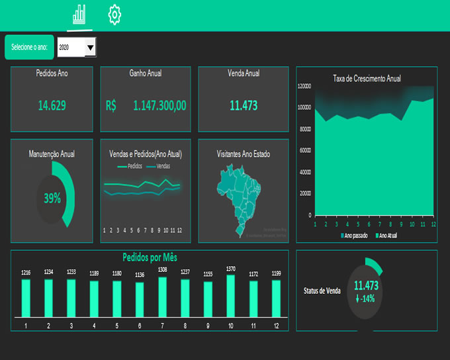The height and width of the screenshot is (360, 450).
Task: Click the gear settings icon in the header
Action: [x=114, y=14]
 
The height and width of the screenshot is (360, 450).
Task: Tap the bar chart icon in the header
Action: [x=79, y=14]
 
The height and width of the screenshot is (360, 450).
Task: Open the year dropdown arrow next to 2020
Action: [x=91, y=47]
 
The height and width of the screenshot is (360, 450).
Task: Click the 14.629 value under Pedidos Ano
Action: [x=52, y=105]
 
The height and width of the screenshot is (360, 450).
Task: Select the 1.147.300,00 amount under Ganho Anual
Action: [x=159, y=105]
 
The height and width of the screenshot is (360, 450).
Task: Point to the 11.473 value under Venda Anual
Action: [x=244, y=105]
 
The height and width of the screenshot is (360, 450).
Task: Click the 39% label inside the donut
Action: [x=52, y=198]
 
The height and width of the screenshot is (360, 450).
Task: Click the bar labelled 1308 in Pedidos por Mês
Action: [x=162, y=298]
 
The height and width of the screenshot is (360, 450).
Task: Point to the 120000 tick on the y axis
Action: [x=304, y=86]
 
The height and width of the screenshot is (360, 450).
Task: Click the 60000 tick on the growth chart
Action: [x=306, y=150]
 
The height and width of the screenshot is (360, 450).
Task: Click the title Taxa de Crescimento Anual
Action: [x=367, y=78]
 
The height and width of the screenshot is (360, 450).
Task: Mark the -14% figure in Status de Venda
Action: [x=365, y=298]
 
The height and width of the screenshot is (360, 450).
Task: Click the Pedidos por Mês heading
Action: [x=150, y=257]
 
